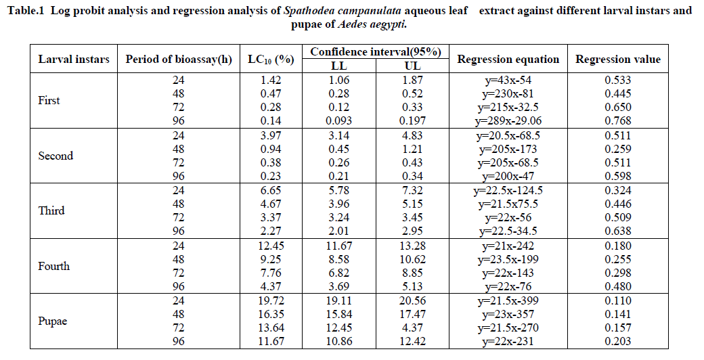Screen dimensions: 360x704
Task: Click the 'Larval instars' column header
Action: [74, 59]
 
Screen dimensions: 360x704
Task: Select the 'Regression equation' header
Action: [508, 59]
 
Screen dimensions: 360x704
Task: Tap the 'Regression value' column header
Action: [618, 59]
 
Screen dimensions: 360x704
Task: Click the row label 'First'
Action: [49, 100]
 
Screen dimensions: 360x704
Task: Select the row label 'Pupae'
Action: [52, 321]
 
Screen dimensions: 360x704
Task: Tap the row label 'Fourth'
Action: [54, 266]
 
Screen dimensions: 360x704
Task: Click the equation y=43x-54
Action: [508, 80]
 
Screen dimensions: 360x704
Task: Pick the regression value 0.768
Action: [618, 121]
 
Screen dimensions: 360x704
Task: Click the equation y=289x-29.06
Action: [508, 121]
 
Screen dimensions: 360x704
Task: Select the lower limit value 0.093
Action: [338, 121]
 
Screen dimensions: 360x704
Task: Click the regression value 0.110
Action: [618, 300]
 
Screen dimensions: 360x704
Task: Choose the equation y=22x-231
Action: [508, 342]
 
